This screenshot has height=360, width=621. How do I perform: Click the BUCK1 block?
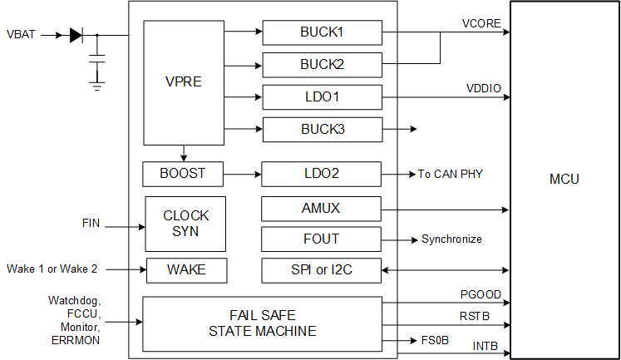click(322, 32)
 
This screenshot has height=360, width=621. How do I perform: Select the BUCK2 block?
click(322, 64)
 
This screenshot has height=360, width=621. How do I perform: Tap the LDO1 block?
click(322, 96)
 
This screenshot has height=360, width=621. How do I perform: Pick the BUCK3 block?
click(322, 129)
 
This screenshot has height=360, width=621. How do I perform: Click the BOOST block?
click(182, 174)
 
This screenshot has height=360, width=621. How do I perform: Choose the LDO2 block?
click(322, 174)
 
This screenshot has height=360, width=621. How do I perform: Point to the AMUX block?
click(322, 209)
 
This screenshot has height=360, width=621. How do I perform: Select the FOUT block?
click(322, 239)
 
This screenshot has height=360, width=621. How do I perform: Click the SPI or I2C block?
click(322, 270)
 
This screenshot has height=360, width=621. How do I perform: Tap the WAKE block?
click(186, 270)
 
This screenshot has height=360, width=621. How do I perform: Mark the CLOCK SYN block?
click(186, 223)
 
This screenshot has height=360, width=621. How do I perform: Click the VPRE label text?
click(184, 83)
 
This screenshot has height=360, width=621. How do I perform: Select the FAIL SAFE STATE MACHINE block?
click(262, 323)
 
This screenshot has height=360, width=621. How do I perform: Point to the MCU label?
click(564, 180)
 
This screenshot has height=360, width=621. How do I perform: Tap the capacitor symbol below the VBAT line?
click(97, 60)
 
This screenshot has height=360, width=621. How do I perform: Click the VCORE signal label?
click(481, 23)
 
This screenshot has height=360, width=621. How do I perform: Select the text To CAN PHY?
click(450, 174)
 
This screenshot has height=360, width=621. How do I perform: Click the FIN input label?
click(91, 223)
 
